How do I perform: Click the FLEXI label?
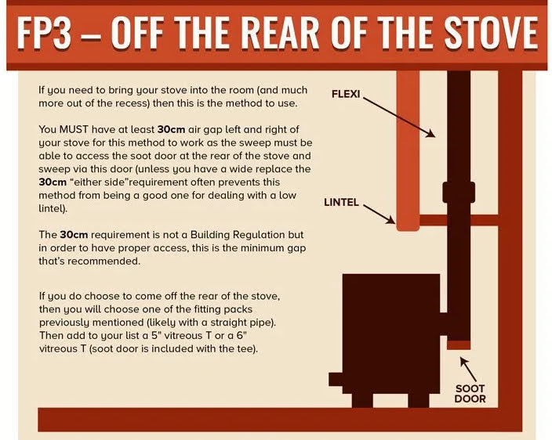pos(346,94)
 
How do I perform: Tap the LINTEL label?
pos(341,203)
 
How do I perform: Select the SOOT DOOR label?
pos(470,394)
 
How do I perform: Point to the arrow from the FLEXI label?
pos(399,117)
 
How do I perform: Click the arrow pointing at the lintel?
pos(379,215)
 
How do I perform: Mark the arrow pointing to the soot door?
pos(468,370)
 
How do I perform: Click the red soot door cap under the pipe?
pos(459,345)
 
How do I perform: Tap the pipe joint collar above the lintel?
pos(459,192)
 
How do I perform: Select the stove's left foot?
pos(362,400)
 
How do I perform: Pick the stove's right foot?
pos(419,400)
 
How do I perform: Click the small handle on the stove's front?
pos(336,379)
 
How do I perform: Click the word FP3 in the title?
pos(44,34)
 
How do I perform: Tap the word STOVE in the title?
pos(490,32)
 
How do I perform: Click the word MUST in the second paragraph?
pos(74,129)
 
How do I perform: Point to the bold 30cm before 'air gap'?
pos(171,129)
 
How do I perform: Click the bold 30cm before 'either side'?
pos(53,182)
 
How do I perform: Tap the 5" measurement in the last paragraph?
pos(156,335)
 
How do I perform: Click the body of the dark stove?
pos(391,334)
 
